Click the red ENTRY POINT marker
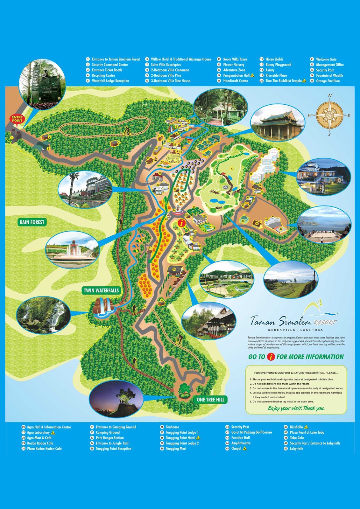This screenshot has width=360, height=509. coord(17,119)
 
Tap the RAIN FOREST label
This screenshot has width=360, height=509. coord(32,222)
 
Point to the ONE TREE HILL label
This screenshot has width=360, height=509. coord(210,400)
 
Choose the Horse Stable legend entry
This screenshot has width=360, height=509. coord(274,59)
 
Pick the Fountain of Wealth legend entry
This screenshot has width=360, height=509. coord(329,75)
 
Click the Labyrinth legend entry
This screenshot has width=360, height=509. coord(296,449)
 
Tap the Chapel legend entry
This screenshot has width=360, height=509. coord(236,449)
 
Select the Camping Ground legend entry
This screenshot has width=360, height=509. coord(108,432)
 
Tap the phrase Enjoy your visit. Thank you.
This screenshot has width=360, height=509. coord(296,408)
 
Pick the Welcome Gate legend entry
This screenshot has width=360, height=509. coord(326,59)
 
